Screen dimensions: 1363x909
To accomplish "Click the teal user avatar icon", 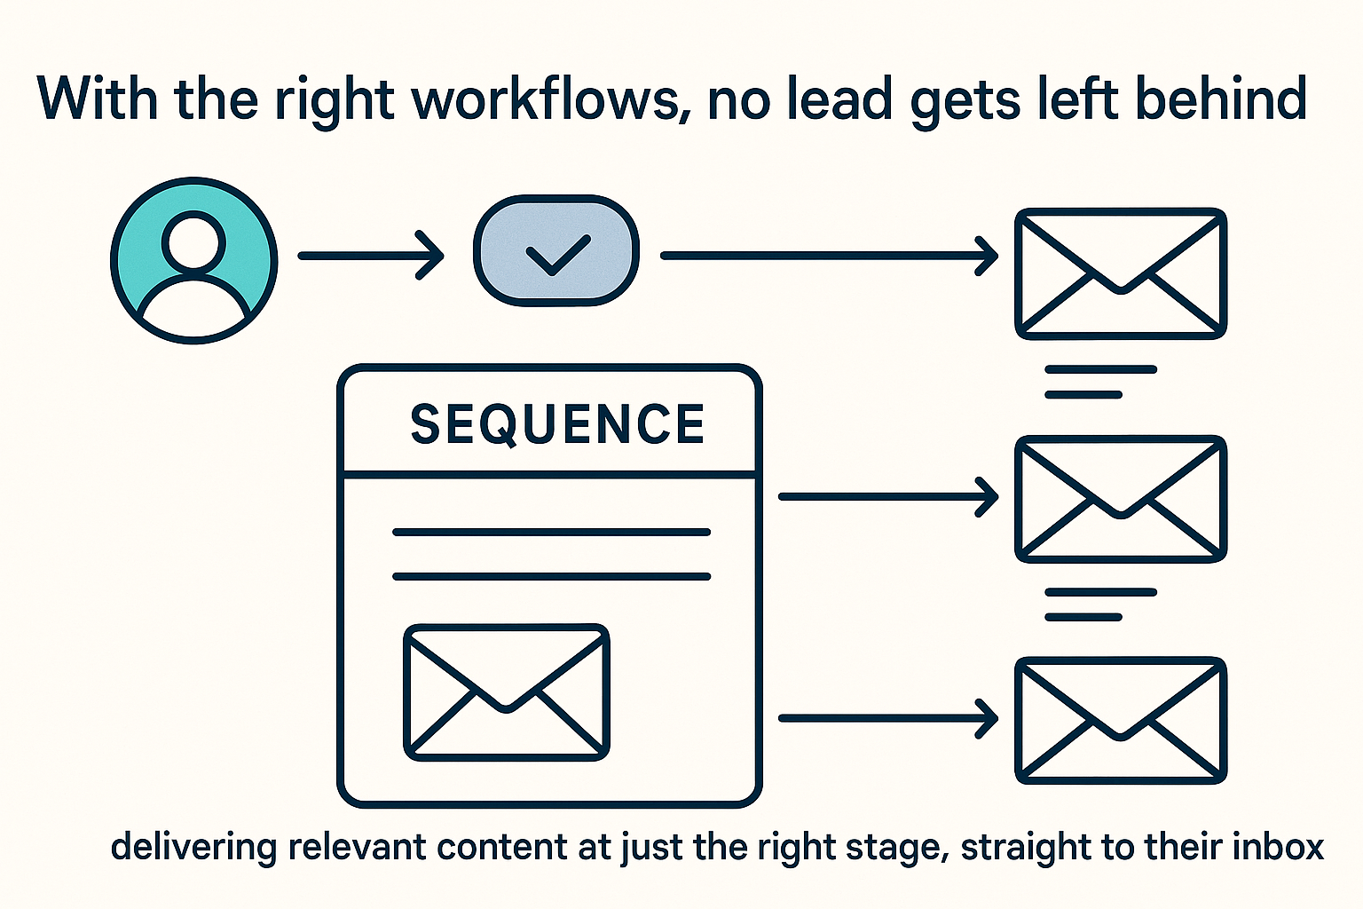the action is tap(193, 261).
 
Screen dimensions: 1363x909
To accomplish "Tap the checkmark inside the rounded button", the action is tap(557, 256).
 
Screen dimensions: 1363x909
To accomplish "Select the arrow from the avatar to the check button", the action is tap(371, 256).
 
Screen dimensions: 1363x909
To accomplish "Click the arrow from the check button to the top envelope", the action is tap(830, 256).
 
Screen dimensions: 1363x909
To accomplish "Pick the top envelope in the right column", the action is tap(1121, 273).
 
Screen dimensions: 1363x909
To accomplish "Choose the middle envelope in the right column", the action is tap(1121, 499).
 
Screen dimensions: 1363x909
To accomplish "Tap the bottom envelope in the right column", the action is tap(1121, 720).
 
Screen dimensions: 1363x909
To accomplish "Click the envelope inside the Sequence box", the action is tap(507, 692).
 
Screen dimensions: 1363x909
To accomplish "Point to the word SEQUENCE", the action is tap(557, 424).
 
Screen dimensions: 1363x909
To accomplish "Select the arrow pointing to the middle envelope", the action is tap(888, 497).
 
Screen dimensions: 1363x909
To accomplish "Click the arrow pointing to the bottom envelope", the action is tap(888, 718).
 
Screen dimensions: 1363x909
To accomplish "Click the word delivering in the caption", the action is tap(193, 847).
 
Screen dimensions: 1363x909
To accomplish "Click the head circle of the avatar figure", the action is tap(193, 243).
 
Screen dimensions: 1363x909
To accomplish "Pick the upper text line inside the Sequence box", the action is tap(552, 532).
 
